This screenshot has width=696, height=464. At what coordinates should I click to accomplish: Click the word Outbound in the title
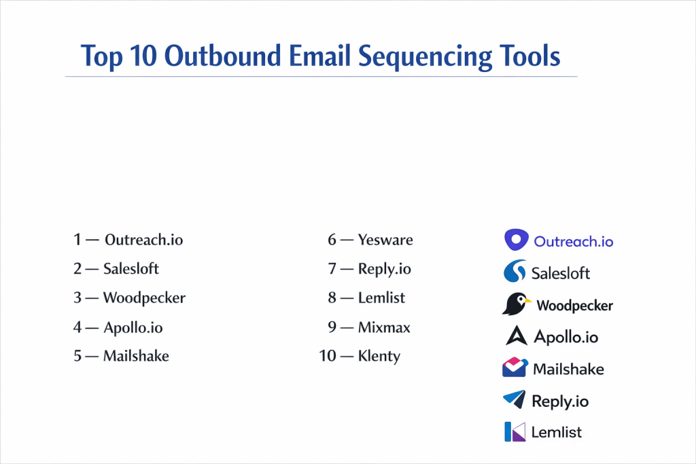click(x=222, y=56)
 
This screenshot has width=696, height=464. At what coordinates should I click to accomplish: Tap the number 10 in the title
click(x=143, y=56)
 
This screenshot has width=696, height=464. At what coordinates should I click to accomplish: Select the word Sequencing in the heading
click(x=425, y=57)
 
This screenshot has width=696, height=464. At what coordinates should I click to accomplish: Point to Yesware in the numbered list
click(x=385, y=240)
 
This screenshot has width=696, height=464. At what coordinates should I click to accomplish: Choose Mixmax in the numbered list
click(x=384, y=327)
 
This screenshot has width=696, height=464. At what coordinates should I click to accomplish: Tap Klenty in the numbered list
click(x=379, y=356)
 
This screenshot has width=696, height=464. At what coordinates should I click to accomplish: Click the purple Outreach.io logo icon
click(x=517, y=240)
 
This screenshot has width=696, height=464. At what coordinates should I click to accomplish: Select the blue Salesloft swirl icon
click(x=515, y=271)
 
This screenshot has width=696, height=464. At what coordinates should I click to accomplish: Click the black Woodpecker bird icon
click(x=516, y=304)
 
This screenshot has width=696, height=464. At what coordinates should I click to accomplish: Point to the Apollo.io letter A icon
click(x=517, y=336)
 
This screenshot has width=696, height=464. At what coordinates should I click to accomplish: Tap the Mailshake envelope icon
click(x=515, y=368)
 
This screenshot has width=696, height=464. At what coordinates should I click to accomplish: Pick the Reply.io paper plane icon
click(x=515, y=399)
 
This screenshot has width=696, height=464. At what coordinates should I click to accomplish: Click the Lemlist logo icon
click(x=515, y=431)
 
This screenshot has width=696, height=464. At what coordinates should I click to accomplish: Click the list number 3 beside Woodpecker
click(x=77, y=298)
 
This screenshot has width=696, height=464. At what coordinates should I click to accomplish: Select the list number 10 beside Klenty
click(x=328, y=356)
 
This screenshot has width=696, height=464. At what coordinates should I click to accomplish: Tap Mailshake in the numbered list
click(x=136, y=356)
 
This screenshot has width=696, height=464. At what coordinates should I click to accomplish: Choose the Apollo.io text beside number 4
click(x=133, y=328)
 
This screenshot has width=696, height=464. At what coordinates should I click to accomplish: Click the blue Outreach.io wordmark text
click(x=573, y=242)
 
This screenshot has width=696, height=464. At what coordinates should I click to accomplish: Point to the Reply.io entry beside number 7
click(x=385, y=269)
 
